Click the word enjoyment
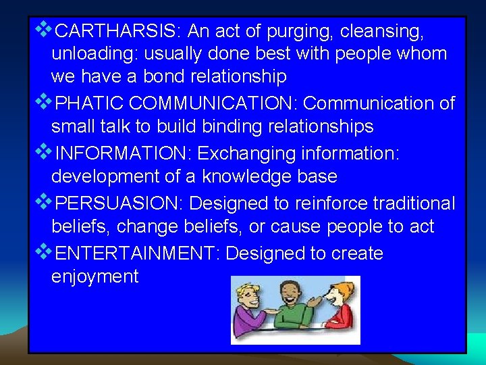(94, 276)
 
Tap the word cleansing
(382, 31)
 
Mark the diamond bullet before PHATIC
(44, 102)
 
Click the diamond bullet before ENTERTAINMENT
(44, 252)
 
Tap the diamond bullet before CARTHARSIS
(44, 30)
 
